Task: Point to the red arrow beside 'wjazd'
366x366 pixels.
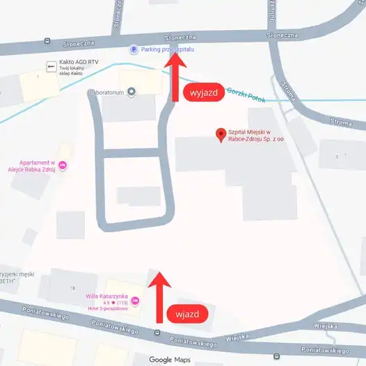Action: tap(160, 296)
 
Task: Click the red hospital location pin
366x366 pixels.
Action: tap(221, 134)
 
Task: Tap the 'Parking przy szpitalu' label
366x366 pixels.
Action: tap(168, 50)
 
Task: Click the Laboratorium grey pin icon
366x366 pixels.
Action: tap(131, 92)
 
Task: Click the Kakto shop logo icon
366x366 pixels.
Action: tap(51, 66)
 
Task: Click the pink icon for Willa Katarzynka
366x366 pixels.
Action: tap(136, 301)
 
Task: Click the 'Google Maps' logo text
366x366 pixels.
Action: tap(170, 359)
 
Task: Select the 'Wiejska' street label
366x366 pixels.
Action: tap(325, 325)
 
